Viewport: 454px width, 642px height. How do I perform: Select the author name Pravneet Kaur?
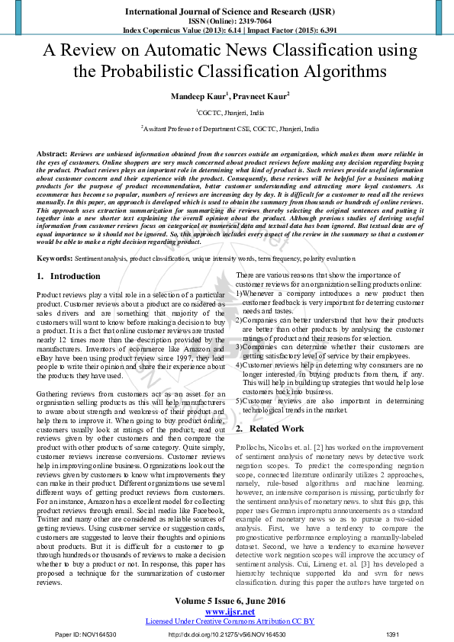click(260, 98)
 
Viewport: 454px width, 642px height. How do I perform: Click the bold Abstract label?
click(51, 154)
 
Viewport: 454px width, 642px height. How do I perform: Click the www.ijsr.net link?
click(230, 612)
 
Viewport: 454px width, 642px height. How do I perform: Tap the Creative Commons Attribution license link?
click(230, 621)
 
